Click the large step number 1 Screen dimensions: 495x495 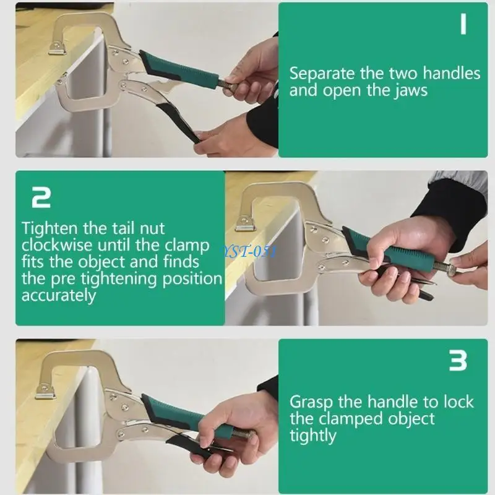(x=463, y=24)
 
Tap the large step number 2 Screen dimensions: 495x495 (x=41, y=197)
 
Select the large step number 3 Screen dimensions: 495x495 (x=458, y=361)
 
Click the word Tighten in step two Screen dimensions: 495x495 (x=49, y=228)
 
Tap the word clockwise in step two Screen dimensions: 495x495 (x=57, y=245)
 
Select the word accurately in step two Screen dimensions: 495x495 (x=59, y=296)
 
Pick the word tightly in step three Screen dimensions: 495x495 (x=313, y=436)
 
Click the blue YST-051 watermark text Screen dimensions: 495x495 (x=248, y=252)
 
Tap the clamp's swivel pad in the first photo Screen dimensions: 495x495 (x=58, y=48)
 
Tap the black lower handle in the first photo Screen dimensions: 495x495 (x=178, y=118)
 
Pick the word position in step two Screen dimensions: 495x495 (x=192, y=279)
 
